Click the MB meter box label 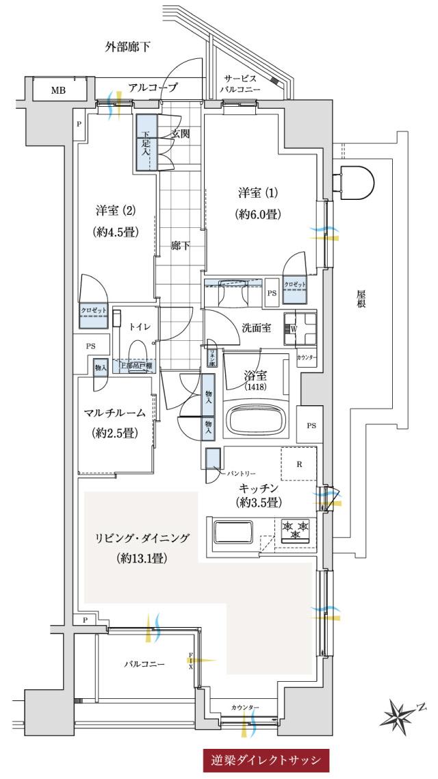coord(58,90)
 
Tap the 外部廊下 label coord(128,47)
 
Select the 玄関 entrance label coord(180,134)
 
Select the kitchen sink coord(234,533)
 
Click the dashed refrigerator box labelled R coord(299,464)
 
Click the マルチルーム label coord(115,413)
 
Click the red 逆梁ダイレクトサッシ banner coord(267,760)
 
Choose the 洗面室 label coord(257,327)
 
